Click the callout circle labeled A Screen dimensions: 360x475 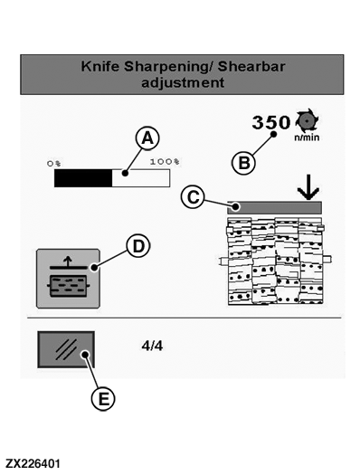click(147, 138)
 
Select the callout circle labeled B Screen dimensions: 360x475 click(243, 163)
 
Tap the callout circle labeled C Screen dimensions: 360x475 click(193, 197)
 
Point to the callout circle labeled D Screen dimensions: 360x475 click(138, 246)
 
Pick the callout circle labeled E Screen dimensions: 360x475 click(103, 398)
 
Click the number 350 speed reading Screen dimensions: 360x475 click(271, 123)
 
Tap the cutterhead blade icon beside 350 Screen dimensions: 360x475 click(307, 120)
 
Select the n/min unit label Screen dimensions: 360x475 click(307, 138)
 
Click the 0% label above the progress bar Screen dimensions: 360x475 click(54, 163)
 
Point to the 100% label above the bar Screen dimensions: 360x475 click(165, 161)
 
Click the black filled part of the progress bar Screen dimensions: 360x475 click(83, 178)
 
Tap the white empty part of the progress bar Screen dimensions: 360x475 click(141, 178)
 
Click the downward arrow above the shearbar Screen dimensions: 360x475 click(308, 187)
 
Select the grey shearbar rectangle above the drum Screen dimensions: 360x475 click(274, 208)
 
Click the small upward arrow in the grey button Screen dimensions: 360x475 click(68, 261)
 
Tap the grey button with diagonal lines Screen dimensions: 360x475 click(66, 349)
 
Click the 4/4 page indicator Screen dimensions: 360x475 click(152, 346)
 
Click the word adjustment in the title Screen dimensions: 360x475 click(183, 83)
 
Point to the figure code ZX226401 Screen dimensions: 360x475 click(33, 463)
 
